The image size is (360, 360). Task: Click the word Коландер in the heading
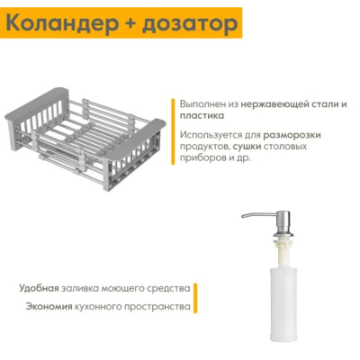[61, 23]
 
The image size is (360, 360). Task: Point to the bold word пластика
[202, 116]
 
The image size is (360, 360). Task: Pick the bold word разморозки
[292, 135]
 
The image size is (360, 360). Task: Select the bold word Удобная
[39, 288]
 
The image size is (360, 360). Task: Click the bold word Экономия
[49, 307]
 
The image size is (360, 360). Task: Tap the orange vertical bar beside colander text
[173, 131]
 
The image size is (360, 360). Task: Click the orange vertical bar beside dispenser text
[195, 298]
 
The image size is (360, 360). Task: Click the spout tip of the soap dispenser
[243, 216]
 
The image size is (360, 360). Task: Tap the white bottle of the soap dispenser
[283, 305]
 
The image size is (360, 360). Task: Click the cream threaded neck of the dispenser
[283, 250]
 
